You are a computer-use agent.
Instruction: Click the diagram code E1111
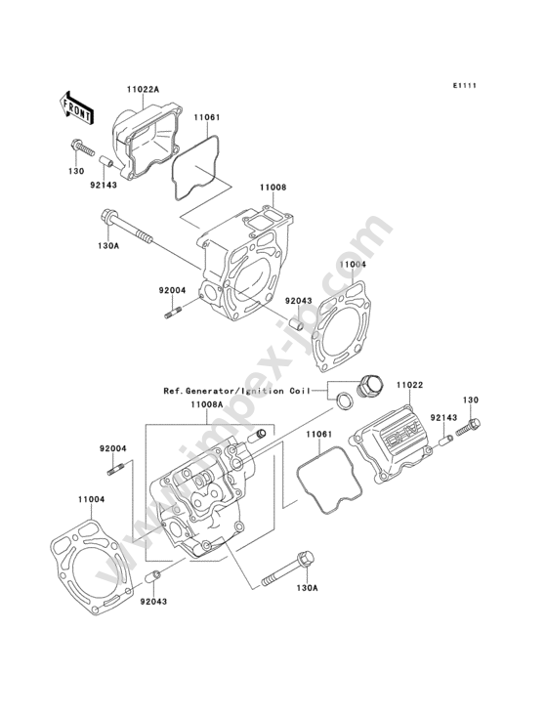[x=465, y=85]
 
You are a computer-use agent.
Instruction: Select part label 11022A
[x=143, y=90]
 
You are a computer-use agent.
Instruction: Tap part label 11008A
[x=206, y=404]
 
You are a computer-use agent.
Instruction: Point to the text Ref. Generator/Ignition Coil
[x=236, y=391]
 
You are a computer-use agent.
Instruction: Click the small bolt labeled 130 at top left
[x=83, y=147]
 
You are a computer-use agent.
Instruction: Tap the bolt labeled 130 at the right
[x=468, y=428]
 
